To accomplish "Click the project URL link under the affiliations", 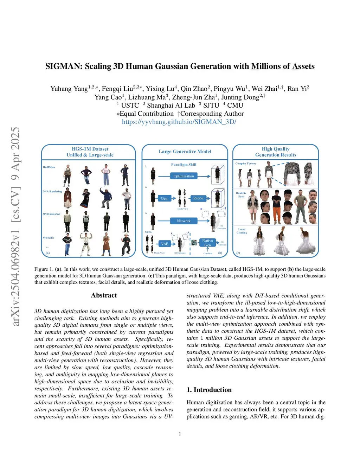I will tap(179, 122).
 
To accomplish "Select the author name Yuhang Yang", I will tap(69, 89).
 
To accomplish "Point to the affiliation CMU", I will tap(235, 105).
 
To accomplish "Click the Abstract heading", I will tap(104, 295).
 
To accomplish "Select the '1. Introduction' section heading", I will tap(209, 390).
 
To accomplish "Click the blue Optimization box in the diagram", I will tap(184, 176).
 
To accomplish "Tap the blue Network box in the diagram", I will tap(184, 221).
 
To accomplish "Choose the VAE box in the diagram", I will tap(165, 244).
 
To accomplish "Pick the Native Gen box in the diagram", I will tap(207, 243).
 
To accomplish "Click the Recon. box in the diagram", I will tap(199, 198).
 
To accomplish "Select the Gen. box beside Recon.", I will tap(165, 198).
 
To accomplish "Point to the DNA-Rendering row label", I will tap(52, 192).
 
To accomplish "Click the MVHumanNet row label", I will tap(51, 214).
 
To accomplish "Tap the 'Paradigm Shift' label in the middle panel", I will tap(184, 165).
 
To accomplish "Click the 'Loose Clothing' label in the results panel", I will tap(242, 231).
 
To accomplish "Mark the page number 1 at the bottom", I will tap(180, 434).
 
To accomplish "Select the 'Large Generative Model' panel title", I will tap(185, 152).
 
